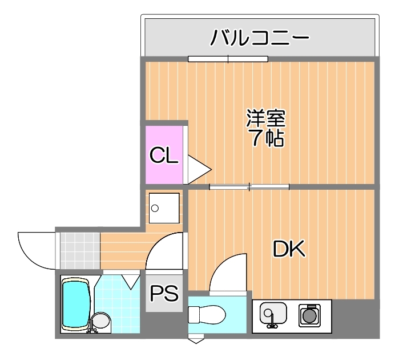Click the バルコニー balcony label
tap(260, 37)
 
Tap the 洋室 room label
tap(266, 118)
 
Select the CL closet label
tap(164, 155)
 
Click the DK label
tap(289, 249)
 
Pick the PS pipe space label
tap(164, 293)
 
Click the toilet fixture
tap(207, 314)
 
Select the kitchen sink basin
tap(273, 313)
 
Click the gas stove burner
tap(309, 315)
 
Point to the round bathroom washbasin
tap(101, 321)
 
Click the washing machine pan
tap(164, 208)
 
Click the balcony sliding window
tap(228, 59)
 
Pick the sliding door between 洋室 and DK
tap(249, 187)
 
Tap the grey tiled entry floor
tap(80, 251)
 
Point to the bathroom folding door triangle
tap(131, 282)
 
